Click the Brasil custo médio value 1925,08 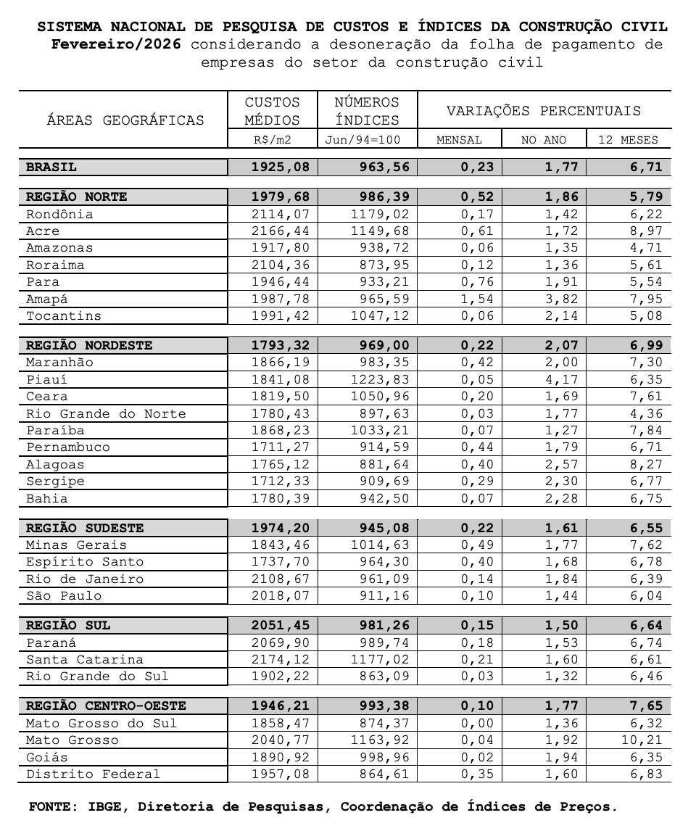point(280,168)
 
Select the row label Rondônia point(59,215)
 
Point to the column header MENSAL point(459,140)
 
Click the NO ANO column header point(544,140)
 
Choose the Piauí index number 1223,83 point(380,380)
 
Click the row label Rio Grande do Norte point(106,414)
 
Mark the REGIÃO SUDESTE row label point(85,529)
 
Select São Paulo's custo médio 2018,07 point(280,596)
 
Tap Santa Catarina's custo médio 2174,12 point(280,660)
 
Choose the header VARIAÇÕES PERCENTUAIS point(543,111)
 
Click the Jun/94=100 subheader point(367,140)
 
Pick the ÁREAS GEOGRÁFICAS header point(125,120)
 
